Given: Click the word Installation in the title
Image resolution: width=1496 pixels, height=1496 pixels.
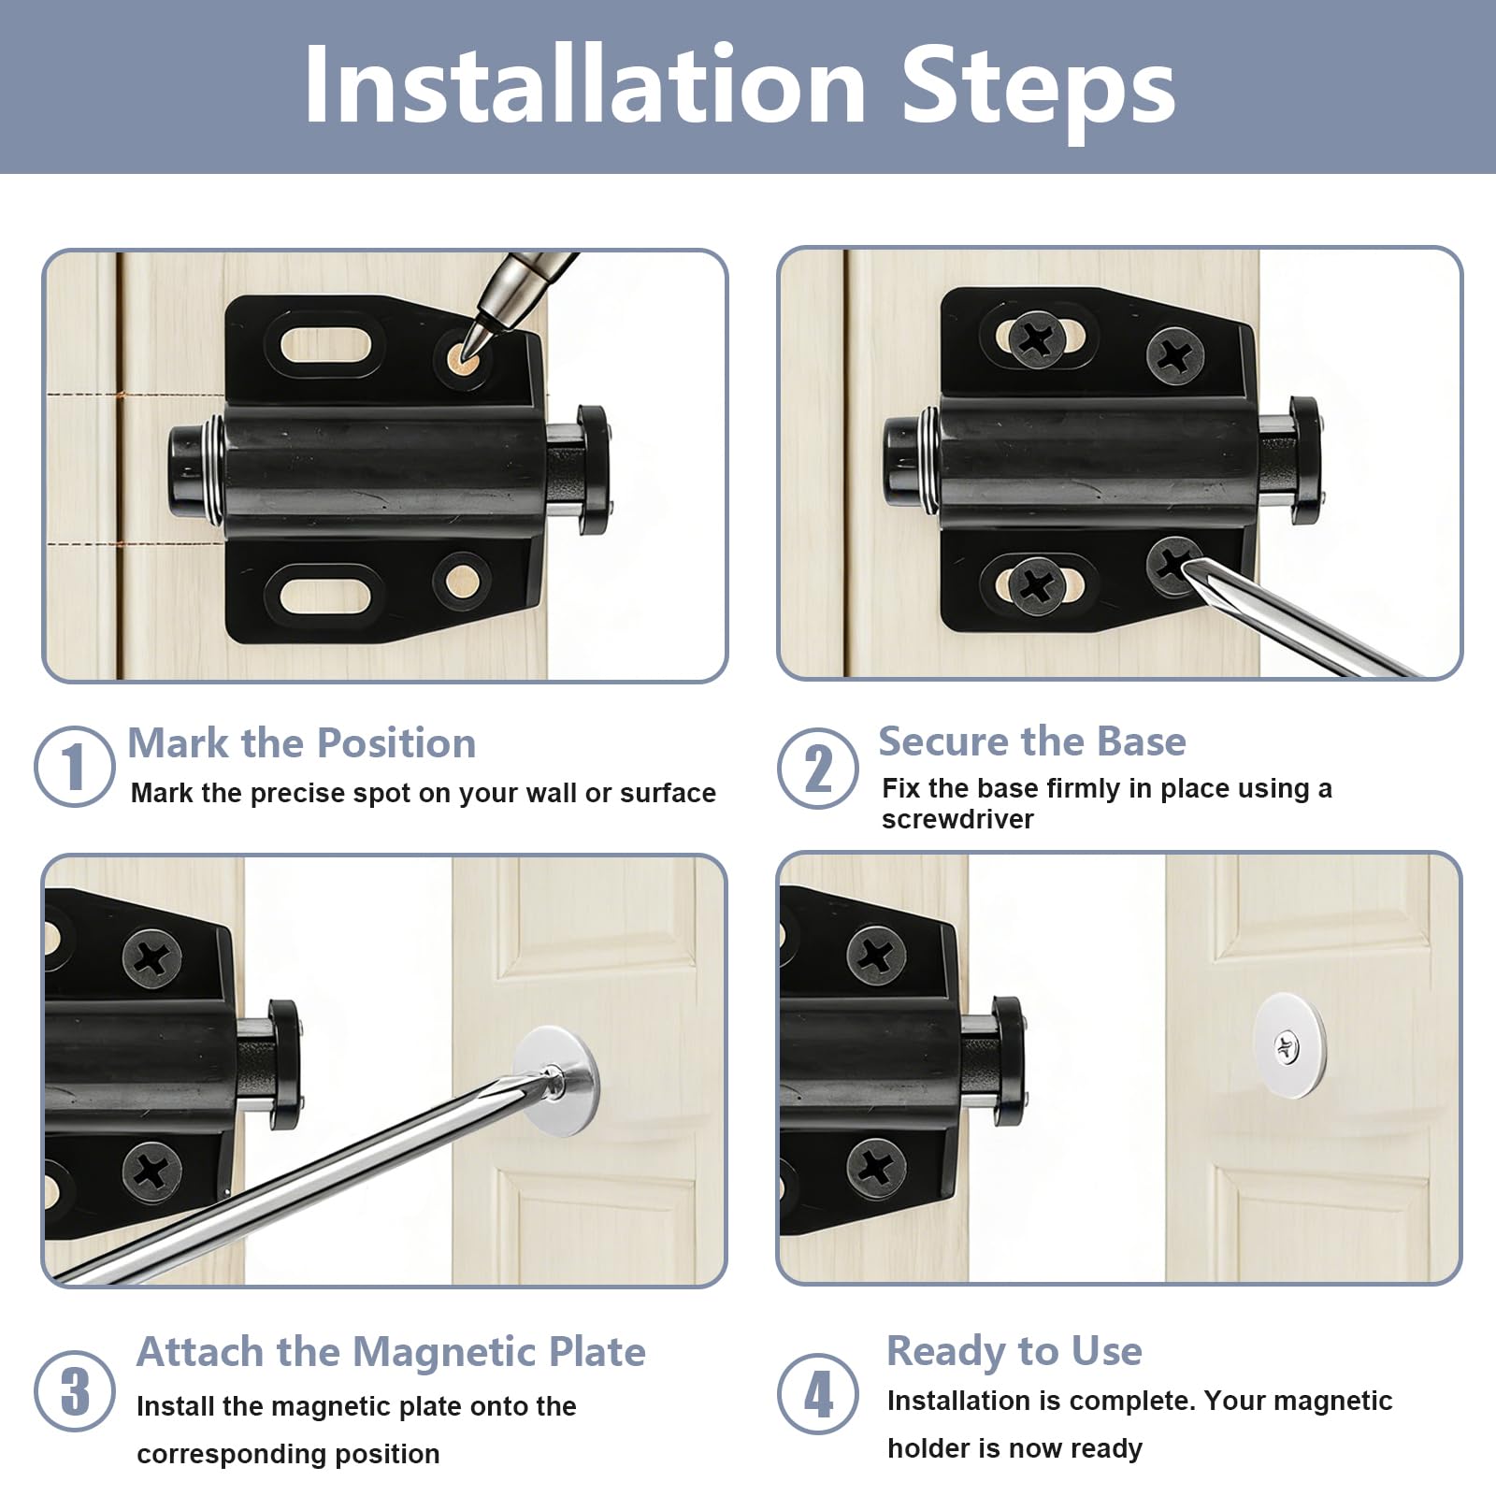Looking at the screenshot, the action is coord(585,86).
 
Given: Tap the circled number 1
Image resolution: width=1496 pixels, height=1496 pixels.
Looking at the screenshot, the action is coord(75,767).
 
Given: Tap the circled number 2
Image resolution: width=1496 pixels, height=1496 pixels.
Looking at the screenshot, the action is coord(818,769).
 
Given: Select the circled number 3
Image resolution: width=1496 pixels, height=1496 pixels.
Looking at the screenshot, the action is coord(75,1390).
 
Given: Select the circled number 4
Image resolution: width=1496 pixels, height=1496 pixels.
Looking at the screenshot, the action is coord(818,1393).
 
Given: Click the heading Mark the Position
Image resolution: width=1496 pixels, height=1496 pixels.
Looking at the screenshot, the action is coord(302,743).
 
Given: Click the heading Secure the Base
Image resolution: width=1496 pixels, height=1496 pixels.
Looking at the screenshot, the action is coord(1032,741).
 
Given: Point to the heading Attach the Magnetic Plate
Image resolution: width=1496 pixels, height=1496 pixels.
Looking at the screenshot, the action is coord(391,1352).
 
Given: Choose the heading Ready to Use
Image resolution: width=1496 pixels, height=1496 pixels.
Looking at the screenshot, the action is coord(1014,1351).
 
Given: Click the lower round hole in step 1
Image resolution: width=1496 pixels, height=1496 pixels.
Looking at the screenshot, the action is coord(462,583).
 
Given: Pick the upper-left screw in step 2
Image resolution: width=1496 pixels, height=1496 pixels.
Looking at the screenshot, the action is coord(1036,338).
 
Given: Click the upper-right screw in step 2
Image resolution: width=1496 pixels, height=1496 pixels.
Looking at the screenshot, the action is coord(1175,356).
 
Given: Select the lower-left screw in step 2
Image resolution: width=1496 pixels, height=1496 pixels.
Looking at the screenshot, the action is coord(1036,587).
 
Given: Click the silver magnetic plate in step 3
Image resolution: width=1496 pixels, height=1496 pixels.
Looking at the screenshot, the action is coord(555,1082).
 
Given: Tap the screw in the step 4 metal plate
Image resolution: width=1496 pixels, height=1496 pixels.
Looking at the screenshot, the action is coord(1287,1046).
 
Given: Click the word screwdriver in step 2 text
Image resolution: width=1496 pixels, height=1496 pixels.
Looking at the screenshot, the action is coord(957,819).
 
